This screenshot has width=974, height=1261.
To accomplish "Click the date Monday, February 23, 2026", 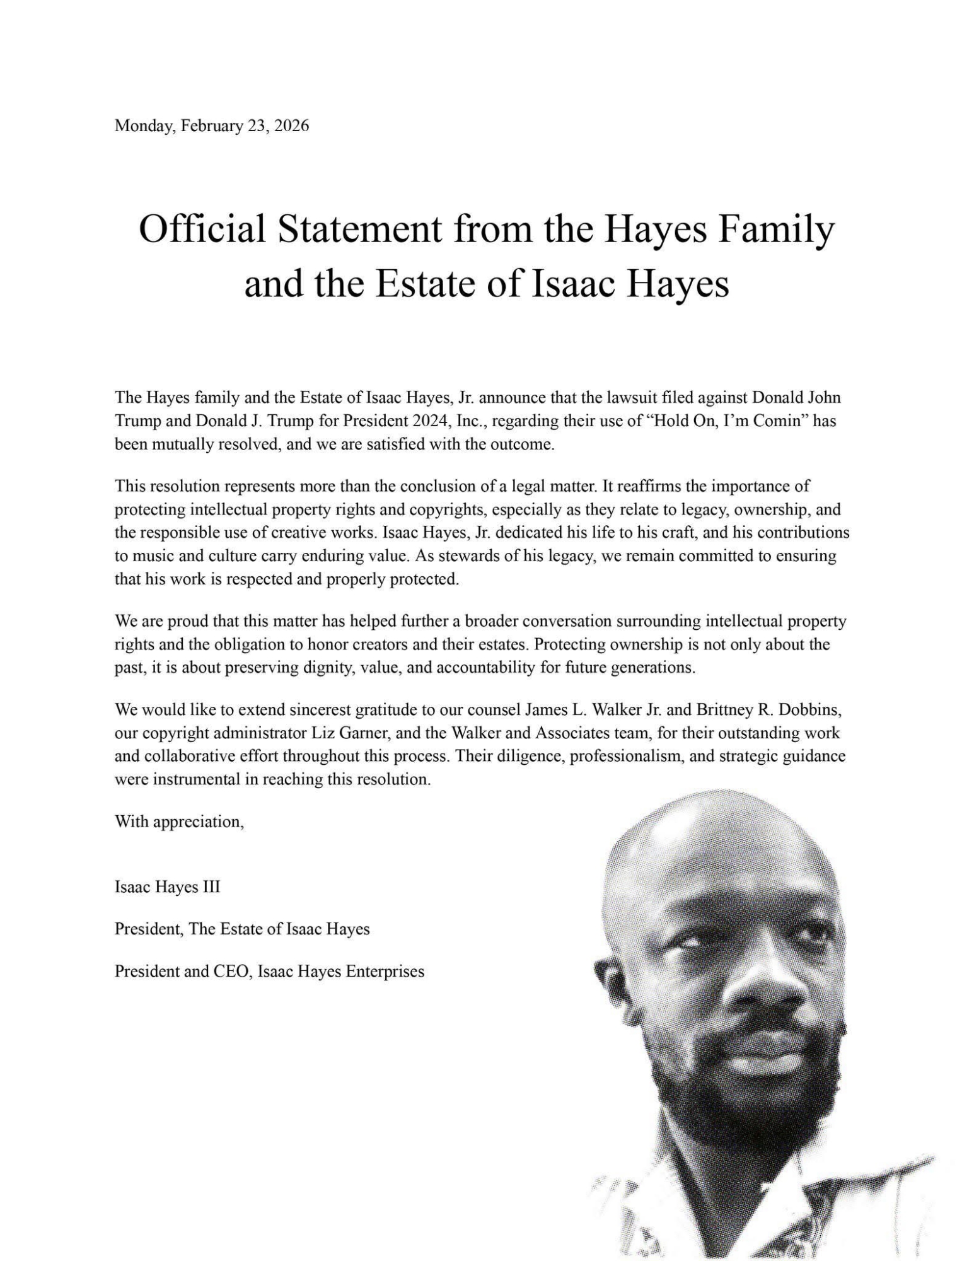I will pos(211,125).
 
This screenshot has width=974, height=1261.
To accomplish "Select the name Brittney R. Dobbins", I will pos(769,710).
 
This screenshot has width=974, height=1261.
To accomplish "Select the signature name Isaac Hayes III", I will pos(167,887).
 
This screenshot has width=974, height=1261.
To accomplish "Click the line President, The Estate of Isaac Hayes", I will pos(242,929).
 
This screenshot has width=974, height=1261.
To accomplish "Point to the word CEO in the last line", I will pos(233,972).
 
